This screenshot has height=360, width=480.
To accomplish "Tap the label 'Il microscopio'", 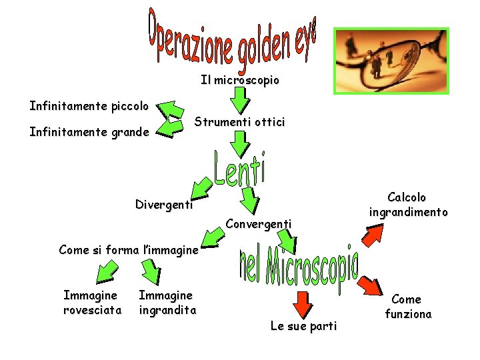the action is click(240, 81).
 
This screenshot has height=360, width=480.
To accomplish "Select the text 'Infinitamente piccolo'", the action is click(89, 106).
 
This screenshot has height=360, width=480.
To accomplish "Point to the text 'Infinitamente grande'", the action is click(89, 132).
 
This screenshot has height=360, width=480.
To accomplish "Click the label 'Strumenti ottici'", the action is click(239, 123).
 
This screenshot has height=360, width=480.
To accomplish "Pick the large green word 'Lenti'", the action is click(240, 169).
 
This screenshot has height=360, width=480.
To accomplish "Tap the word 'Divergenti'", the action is click(163, 205).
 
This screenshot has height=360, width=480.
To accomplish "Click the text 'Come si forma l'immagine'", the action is click(129, 251).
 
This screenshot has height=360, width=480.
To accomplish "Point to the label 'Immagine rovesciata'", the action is click(92, 303).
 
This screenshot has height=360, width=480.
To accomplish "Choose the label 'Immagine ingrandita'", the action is click(167, 303).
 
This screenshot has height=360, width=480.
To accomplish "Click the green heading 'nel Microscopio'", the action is click(298, 266).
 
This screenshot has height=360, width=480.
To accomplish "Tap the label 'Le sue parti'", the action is click(303, 326).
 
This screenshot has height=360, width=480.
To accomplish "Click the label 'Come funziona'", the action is click(408, 307).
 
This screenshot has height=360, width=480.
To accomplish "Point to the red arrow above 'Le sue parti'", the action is click(303, 302).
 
